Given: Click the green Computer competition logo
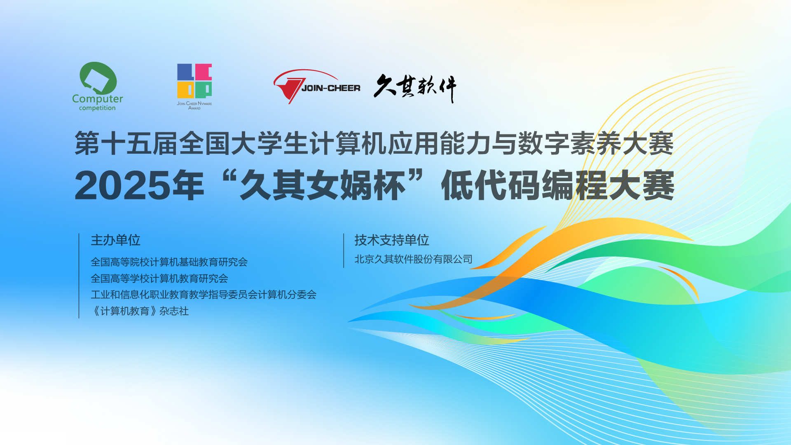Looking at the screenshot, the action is tap(98, 87).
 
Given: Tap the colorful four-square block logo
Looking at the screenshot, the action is tap(194, 81).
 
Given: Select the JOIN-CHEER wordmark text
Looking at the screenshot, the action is tap(331, 88).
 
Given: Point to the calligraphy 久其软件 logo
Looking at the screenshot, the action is tap(415, 88).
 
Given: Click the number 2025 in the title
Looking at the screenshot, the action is tap(123, 186).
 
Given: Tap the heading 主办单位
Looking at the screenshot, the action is tap(115, 240).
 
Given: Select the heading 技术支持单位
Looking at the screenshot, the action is tap(392, 240).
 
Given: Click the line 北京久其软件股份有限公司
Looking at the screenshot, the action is tap(413, 259).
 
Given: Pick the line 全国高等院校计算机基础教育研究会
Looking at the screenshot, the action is tap(169, 262).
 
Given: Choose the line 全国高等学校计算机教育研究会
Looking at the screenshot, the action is tap(159, 279).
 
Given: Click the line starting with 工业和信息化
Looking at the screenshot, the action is tap(204, 295).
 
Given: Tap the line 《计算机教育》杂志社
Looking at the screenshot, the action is tap(140, 311).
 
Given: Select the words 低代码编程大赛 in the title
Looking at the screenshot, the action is tap(557, 186).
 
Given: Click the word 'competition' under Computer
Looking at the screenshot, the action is tap(97, 108).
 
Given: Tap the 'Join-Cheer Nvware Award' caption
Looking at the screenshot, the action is tap(194, 105).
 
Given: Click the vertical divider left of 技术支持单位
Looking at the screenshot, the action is tap(344, 251).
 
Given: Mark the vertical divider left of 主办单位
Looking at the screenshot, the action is tap(79, 276).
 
